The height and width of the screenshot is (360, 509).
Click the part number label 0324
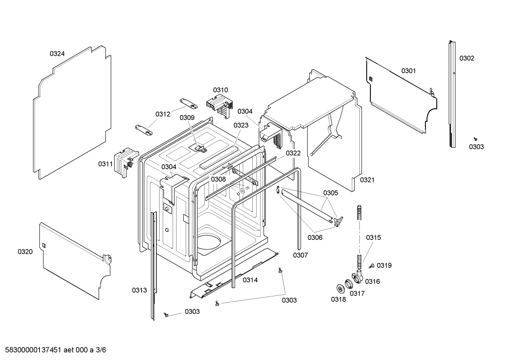(x=57, y=54)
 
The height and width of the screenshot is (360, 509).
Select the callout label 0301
(x=408, y=71)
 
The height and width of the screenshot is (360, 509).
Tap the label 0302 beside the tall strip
(x=467, y=58)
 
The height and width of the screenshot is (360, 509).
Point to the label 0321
(x=367, y=180)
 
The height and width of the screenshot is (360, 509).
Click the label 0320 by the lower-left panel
(x=25, y=252)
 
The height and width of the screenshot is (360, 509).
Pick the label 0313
(x=139, y=290)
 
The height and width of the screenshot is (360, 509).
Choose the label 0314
(x=250, y=280)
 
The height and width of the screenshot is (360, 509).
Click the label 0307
(x=300, y=255)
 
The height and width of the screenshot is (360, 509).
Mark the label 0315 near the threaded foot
(x=373, y=237)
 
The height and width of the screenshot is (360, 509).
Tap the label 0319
(x=384, y=265)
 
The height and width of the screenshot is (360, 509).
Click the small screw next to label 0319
(x=372, y=266)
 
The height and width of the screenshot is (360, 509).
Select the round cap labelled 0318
(x=341, y=288)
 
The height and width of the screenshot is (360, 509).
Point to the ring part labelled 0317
(x=349, y=283)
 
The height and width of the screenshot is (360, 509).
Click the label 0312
(x=163, y=114)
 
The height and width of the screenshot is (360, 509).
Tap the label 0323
(x=241, y=125)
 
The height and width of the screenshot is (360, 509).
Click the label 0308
(x=218, y=179)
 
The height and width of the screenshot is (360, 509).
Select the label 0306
(x=315, y=237)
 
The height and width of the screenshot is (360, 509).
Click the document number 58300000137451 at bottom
(x=33, y=350)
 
